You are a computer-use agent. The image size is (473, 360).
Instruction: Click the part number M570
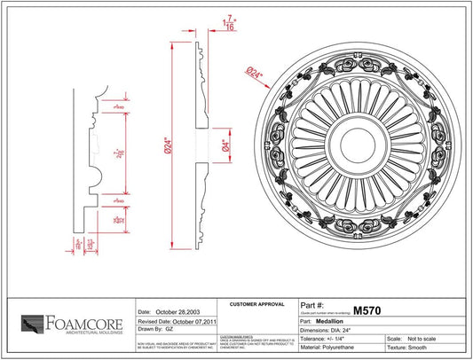pyautogui.click(x=368, y=311)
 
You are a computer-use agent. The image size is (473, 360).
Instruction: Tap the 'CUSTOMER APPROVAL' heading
pyautogui.click(x=255, y=304)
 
